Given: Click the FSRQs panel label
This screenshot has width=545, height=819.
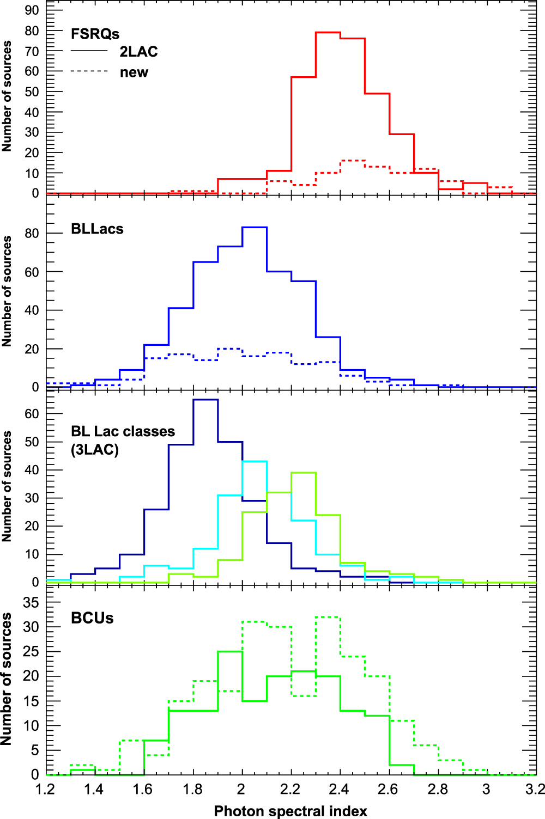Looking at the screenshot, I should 95,34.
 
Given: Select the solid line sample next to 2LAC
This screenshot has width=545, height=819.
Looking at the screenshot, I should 89,51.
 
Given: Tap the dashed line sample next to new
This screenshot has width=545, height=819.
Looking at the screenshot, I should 89,72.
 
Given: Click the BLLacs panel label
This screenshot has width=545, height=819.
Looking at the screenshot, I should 97,229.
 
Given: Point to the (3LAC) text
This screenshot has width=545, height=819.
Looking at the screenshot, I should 95,450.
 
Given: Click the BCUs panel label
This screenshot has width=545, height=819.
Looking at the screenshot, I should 92,618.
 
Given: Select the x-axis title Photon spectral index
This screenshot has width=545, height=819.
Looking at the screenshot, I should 290,811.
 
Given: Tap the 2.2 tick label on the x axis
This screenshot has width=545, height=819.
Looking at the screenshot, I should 290,789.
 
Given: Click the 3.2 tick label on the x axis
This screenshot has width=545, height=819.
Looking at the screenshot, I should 535,789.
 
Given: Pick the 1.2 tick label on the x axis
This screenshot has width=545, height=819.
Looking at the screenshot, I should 46,789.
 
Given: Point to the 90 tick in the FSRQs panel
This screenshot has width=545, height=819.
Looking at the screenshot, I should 32,10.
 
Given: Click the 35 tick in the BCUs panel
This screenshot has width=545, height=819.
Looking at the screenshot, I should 32,602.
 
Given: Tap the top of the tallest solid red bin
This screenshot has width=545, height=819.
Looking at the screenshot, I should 328,32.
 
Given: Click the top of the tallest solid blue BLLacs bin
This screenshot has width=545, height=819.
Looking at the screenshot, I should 255,227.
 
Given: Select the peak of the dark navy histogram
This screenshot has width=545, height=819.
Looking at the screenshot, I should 205,400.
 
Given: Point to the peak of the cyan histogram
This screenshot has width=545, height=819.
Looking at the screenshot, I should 255,461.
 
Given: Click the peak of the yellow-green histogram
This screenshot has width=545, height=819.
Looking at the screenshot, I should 304,473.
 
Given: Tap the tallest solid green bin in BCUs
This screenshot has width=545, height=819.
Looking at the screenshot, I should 230,651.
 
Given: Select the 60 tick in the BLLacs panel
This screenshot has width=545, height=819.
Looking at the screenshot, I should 32,272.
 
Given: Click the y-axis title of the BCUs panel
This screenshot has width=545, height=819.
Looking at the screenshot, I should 7,679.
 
